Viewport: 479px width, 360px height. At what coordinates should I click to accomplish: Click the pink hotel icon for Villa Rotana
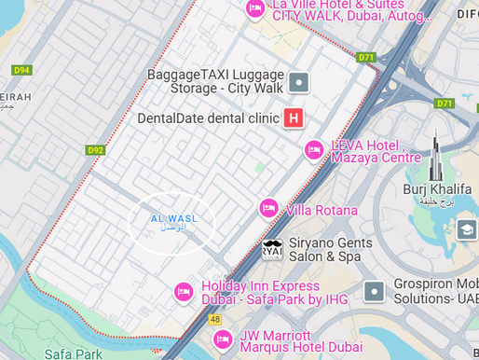[269, 208]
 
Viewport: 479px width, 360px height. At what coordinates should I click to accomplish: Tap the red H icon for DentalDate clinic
[294, 118]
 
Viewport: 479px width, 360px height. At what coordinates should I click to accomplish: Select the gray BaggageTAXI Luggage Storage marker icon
[298, 82]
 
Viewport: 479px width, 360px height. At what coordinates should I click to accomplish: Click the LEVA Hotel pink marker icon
[315, 150]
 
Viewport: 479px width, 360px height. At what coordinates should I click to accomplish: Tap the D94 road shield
[21, 70]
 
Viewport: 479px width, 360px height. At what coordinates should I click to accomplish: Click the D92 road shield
[94, 149]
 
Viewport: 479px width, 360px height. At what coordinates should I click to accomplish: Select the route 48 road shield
[215, 319]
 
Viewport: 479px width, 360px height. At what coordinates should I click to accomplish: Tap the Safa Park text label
[73, 353]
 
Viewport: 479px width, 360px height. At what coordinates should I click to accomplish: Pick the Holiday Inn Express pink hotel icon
[185, 293]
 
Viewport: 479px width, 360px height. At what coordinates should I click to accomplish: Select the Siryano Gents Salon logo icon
[272, 250]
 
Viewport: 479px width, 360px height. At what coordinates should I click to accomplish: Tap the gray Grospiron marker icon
[375, 291]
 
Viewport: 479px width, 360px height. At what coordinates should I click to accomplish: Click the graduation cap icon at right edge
[466, 229]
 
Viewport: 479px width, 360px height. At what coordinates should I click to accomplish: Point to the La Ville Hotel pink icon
[254, 8]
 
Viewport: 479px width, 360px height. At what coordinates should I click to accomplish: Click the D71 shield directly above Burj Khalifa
[445, 103]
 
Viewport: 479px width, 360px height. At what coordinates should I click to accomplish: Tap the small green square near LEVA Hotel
[259, 167]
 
